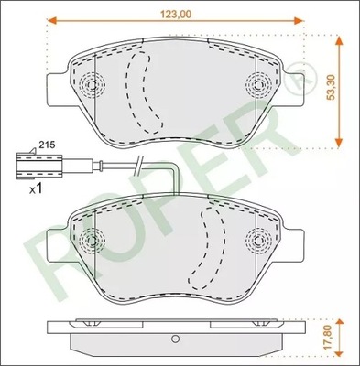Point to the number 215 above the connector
click(46, 146)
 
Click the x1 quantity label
click(38, 188)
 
